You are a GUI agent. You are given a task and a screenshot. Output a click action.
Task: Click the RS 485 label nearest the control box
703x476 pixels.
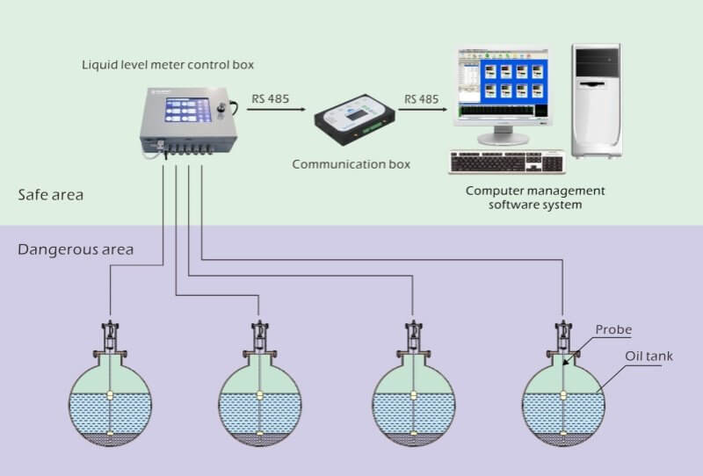271,99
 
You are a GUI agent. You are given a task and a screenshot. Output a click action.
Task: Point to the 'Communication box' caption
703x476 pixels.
351,163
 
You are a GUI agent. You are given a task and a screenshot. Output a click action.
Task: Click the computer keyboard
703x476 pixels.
508,162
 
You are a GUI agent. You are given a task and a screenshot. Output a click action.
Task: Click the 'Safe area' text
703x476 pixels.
51,194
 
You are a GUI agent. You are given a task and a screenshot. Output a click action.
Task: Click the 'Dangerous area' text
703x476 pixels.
76,249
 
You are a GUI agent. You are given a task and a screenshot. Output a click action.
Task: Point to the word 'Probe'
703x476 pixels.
613,329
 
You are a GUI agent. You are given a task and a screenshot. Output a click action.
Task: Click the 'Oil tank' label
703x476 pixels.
649,357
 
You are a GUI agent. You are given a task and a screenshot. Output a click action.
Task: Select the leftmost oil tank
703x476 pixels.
110,400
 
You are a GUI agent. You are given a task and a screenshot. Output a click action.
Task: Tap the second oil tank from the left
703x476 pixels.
260,400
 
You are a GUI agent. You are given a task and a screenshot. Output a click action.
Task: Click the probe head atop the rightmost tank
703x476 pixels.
562,334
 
